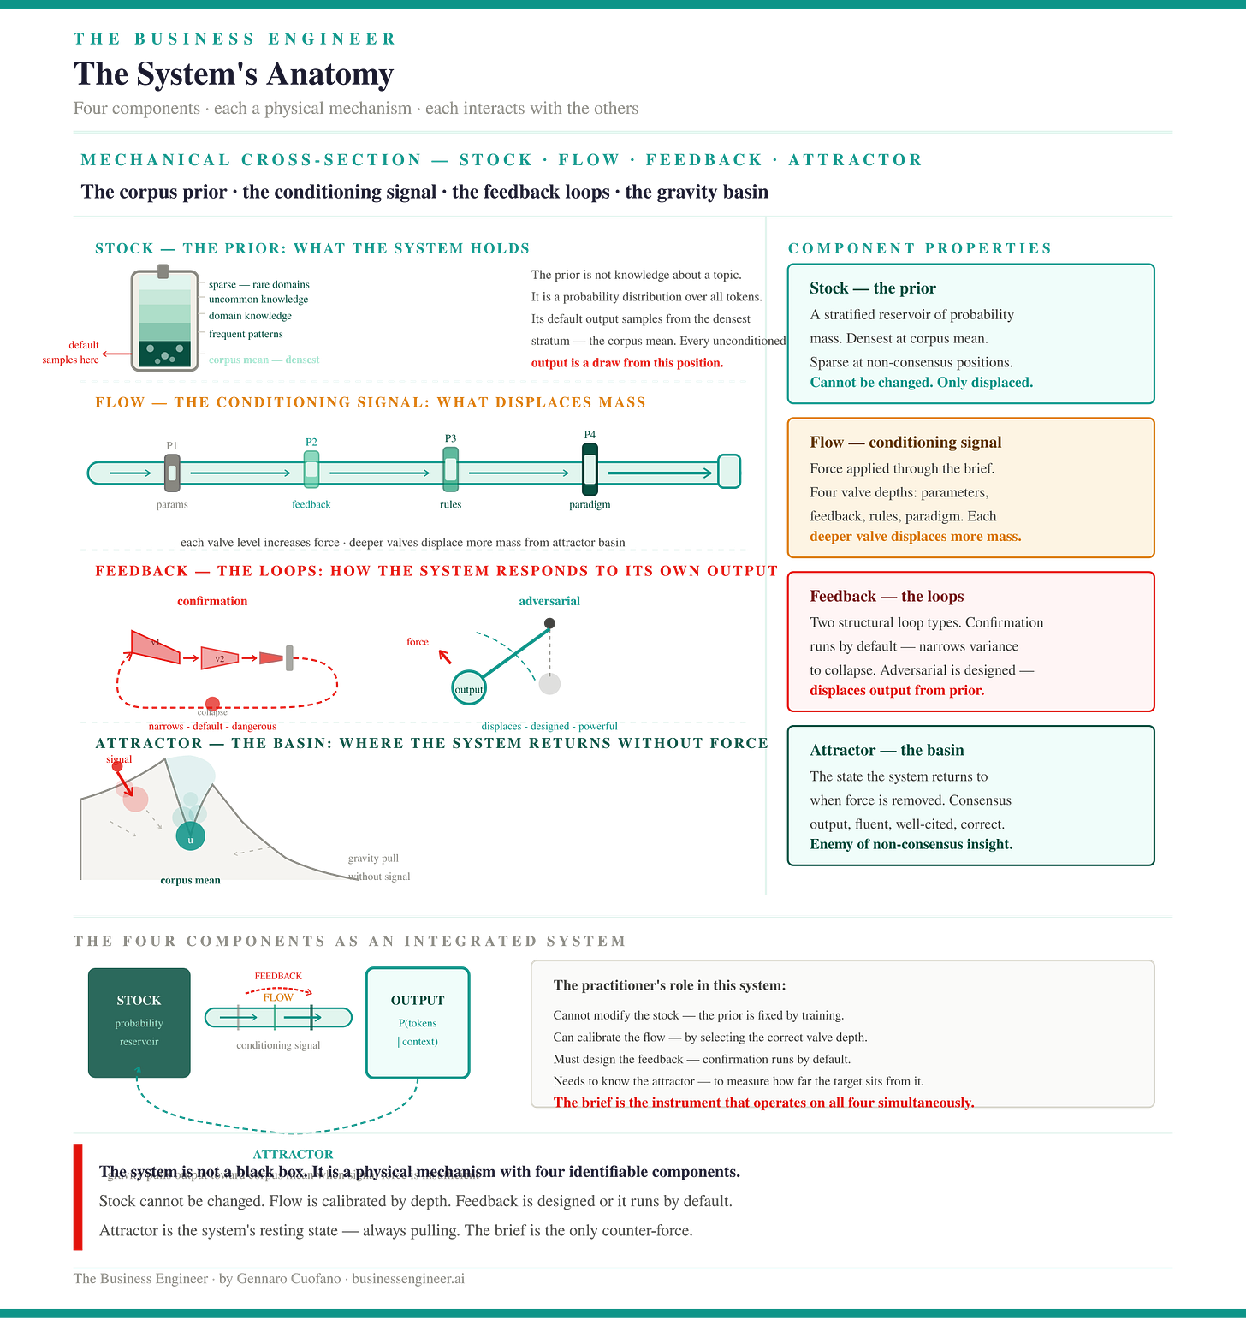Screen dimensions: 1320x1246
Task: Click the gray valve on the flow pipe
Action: [x=171, y=472]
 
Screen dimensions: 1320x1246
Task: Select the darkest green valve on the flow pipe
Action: [x=590, y=469]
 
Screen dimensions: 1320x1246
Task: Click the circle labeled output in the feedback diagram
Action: [x=468, y=687]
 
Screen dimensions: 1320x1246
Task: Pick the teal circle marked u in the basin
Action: [x=190, y=838]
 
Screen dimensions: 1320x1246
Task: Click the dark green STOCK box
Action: [x=139, y=1021]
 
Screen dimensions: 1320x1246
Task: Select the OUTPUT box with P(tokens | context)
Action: [x=418, y=1021]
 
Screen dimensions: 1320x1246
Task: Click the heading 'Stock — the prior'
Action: [x=872, y=288]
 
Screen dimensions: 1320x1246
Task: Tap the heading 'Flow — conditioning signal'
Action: [x=905, y=443]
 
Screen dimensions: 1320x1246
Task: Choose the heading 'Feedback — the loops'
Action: [x=887, y=597]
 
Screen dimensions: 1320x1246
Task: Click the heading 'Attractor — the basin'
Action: [x=887, y=751]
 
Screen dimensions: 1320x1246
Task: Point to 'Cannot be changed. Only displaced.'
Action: [x=921, y=383]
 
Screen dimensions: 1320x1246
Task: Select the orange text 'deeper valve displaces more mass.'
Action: [x=915, y=537]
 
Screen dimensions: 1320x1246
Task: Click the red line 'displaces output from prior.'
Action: [x=897, y=691]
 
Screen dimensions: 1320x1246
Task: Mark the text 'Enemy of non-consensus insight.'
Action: [x=911, y=845]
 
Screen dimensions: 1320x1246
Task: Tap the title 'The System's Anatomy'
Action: [x=234, y=74]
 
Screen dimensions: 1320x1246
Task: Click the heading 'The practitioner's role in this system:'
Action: [x=669, y=985]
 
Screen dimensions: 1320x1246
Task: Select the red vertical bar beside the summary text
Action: [x=78, y=1196]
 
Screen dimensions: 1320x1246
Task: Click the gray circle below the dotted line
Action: [x=549, y=683]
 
